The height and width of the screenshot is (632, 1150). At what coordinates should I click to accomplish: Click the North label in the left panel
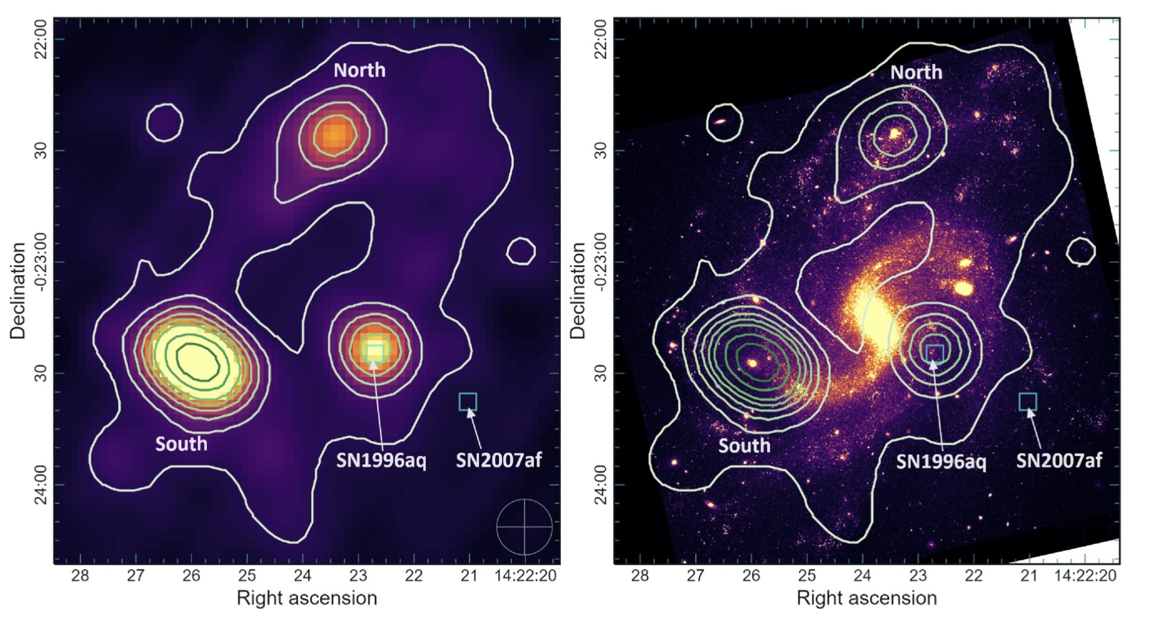pos(359,70)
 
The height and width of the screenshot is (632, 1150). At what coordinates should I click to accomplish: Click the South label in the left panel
pos(181,444)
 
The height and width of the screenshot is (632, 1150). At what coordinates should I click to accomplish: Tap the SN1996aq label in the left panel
pos(381,461)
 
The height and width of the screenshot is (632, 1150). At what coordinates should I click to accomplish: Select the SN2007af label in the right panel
pos(1059,461)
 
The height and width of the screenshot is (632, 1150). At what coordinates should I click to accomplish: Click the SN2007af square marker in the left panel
pos(468,402)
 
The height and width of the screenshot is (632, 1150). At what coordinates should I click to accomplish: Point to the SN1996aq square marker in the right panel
pos(935,353)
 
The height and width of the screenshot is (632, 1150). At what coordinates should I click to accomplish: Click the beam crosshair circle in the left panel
pos(524,526)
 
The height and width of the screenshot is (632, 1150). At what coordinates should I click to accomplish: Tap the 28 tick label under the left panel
pos(80,576)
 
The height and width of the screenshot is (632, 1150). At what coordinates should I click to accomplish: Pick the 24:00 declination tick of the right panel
pos(601,484)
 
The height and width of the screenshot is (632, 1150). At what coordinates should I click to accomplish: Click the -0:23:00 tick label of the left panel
pos(41,262)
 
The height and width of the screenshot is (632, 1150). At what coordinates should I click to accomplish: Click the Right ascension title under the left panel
pos(307,598)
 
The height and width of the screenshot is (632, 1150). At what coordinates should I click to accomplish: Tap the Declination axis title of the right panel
pos(577,291)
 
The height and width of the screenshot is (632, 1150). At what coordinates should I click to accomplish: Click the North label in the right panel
pos(916,72)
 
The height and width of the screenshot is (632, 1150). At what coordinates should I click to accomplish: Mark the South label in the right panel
pos(744,446)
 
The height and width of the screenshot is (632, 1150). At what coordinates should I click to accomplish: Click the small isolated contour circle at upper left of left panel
pos(164,122)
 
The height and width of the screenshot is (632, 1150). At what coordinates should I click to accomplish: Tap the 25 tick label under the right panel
pos(807,576)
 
